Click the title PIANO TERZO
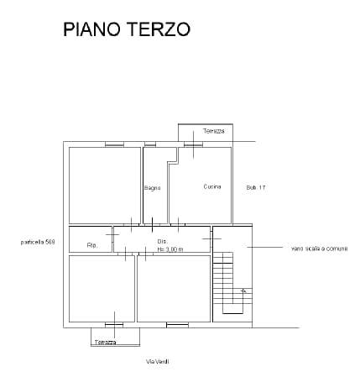coord(127,29)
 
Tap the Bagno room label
coord(152,187)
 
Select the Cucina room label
coord(211,186)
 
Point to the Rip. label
coord(92,246)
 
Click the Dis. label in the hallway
coord(162,242)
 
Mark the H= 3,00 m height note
coord(168,249)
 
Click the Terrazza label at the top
coord(213,132)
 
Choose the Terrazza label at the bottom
coord(106,342)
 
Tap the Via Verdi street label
coord(157,362)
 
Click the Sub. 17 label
coord(256,186)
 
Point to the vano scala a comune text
coord(319,249)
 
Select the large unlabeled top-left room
coord(104,185)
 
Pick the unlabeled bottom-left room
coord(102,288)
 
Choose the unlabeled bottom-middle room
coord(174,288)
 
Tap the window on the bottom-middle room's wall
coord(177,323)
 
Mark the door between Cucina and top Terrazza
coord(195,144)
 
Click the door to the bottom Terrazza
coord(113,323)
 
